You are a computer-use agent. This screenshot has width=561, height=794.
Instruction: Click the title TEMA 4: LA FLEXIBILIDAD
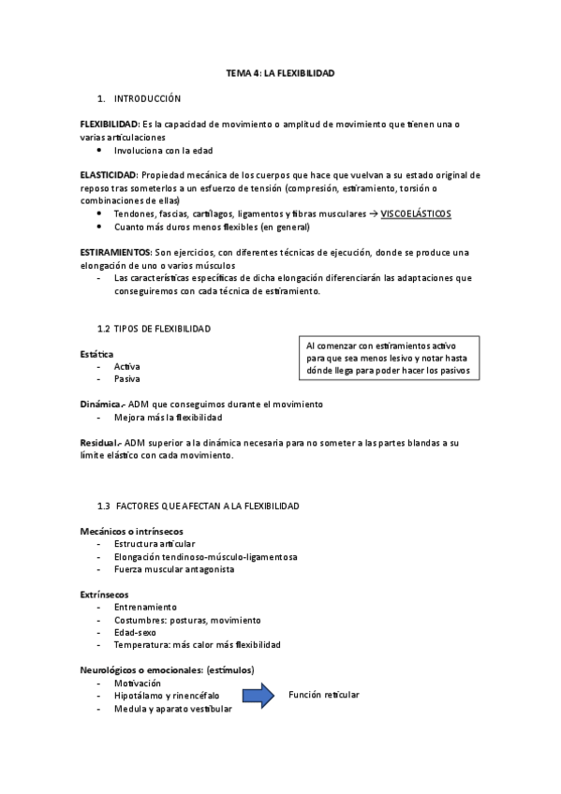[280, 72]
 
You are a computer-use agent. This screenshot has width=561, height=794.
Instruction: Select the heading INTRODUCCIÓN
[147, 98]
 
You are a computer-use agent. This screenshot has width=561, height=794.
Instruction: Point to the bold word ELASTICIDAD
[108, 175]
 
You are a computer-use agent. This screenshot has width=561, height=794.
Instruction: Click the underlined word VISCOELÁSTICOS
[416, 214]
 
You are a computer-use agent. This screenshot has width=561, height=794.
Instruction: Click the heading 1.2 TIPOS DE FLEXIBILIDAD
[154, 329]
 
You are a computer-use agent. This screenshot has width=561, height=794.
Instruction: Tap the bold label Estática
[97, 354]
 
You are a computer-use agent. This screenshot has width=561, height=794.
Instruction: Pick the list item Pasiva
[126, 379]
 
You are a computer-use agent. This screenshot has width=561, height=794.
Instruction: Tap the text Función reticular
[323, 695]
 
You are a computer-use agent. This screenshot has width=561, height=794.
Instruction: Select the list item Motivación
[137, 684]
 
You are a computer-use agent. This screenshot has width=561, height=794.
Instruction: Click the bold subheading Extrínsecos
[104, 595]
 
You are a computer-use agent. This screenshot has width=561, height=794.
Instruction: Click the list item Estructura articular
[155, 544]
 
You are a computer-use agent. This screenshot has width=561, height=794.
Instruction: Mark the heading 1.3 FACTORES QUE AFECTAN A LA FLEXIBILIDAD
[198, 506]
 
